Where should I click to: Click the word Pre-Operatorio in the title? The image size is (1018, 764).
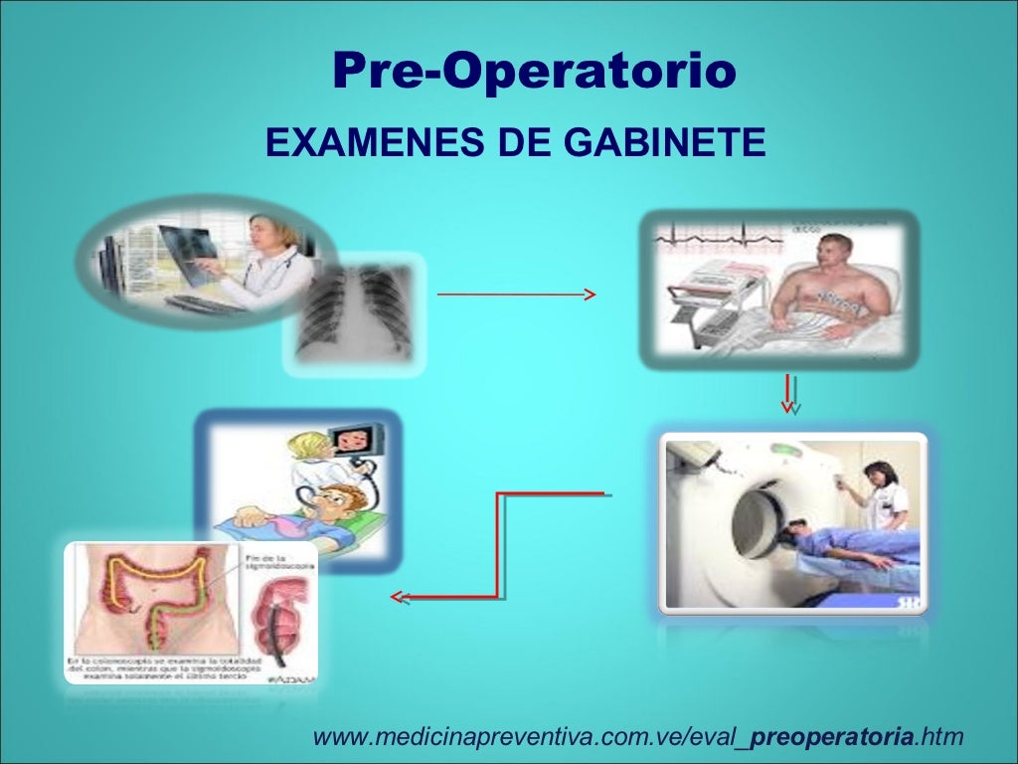pyautogui.click(x=534, y=71)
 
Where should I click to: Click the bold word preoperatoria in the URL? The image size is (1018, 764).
pyautogui.click(x=832, y=737)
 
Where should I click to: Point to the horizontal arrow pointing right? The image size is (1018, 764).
pyautogui.click(x=515, y=294)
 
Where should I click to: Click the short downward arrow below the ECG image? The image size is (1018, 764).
pyautogui.click(x=788, y=393)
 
